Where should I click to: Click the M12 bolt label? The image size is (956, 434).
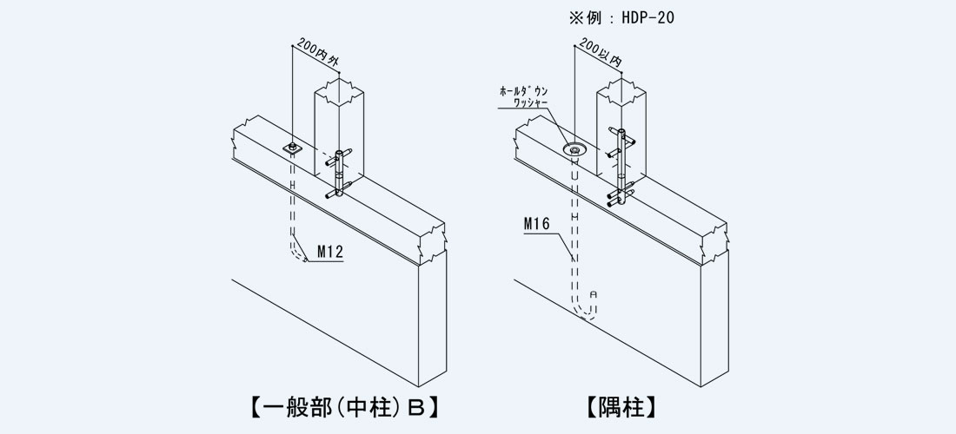pyautogui.click(x=330, y=253)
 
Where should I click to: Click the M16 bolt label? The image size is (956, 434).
pyautogui.click(x=537, y=225)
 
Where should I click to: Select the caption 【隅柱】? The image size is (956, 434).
pyautogui.click(x=621, y=404)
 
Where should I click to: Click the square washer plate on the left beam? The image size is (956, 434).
pyautogui.click(x=293, y=148)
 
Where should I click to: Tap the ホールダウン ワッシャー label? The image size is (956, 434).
pyautogui.click(x=529, y=96)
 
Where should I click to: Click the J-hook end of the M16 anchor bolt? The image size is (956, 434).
pyautogui.click(x=584, y=312)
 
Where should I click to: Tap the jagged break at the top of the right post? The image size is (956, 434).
pyautogui.click(x=621, y=87)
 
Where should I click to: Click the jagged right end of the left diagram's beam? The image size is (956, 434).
pyautogui.click(x=434, y=238)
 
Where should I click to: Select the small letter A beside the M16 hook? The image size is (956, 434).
pyautogui.click(x=594, y=294)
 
